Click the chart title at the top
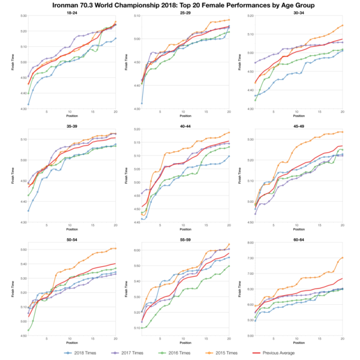coord(180,5)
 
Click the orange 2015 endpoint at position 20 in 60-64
coord(343,257)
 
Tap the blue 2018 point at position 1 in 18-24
coord(28,104)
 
